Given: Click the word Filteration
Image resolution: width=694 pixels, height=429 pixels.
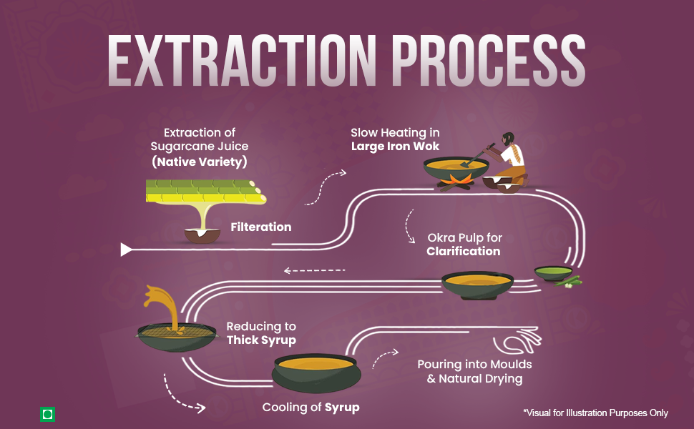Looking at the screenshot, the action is [261, 227].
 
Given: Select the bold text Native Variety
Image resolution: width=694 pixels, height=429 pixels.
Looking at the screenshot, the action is [200, 162].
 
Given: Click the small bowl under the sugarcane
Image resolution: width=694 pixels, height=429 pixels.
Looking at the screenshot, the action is [202, 236].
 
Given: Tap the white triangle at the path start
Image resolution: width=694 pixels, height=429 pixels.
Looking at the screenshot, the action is [126, 250].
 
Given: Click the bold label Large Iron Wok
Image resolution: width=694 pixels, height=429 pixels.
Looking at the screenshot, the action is [395, 147].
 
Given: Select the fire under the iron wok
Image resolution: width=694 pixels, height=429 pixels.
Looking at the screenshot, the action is [456, 182].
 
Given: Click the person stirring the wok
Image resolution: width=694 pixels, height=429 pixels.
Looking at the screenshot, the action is [509, 160].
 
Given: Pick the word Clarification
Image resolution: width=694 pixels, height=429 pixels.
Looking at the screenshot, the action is [464, 251].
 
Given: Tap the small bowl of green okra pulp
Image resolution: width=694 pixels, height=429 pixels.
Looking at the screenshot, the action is [553, 273].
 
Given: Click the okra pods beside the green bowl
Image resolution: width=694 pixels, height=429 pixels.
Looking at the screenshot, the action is [570, 282].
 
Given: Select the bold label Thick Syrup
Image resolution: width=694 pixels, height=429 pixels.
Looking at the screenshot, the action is [261, 340].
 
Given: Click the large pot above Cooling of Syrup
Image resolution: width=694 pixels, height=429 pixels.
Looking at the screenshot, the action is [316, 373].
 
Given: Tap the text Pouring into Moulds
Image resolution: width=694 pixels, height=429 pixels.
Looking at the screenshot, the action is [474, 365].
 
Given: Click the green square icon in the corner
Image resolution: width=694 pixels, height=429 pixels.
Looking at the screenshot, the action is [47, 415].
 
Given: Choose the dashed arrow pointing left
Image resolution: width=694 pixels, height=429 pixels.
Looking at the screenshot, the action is [314, 270].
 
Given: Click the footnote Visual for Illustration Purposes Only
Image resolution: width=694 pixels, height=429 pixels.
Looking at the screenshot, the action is [595, 413].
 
